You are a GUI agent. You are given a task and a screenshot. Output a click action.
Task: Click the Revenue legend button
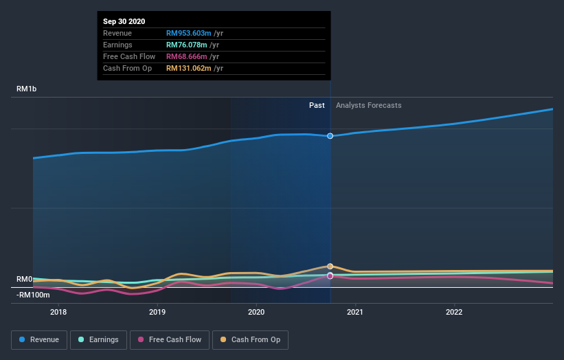(39, 339)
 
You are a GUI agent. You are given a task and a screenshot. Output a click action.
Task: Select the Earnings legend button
(98, 339)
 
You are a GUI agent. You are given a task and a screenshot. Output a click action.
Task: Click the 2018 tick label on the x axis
(58, 311)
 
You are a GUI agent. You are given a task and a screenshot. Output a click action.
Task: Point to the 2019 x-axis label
(157, 311)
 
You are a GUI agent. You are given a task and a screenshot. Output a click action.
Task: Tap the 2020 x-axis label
(256, 311)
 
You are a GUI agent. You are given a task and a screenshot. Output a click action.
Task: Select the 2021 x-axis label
(355, 311)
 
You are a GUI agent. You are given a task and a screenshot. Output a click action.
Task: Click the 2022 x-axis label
(454, 311)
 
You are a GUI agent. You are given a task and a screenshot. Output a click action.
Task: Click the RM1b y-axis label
(28, 89)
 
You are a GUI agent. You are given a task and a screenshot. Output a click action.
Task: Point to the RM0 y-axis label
(24, 279)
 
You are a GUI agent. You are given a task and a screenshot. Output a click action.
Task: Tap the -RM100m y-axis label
(33, 295)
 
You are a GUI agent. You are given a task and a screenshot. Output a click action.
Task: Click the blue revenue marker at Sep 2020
(330, 136)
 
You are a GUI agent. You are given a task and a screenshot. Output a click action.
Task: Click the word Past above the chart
(317, 105)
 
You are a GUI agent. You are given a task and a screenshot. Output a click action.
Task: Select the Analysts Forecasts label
(368, 105)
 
